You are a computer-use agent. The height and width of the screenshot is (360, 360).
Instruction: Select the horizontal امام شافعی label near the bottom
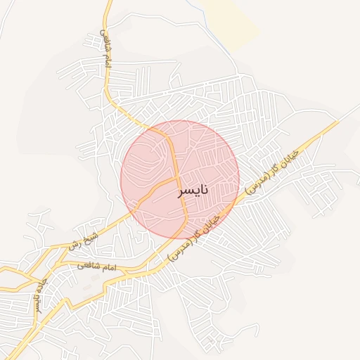(93, 269)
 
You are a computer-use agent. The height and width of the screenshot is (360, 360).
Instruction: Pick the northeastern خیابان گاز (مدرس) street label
(271, 172)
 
